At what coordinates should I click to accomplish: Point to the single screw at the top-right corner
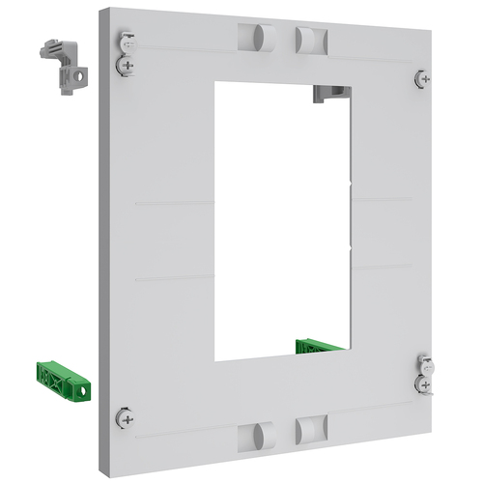(422, 78)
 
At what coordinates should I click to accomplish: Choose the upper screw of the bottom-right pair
(423, 363)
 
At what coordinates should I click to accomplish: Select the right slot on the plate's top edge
(308, 40)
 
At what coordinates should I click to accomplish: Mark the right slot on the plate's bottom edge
(309, 430)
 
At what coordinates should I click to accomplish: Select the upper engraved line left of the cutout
(174, 204)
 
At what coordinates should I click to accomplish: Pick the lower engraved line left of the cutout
(174, 279)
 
